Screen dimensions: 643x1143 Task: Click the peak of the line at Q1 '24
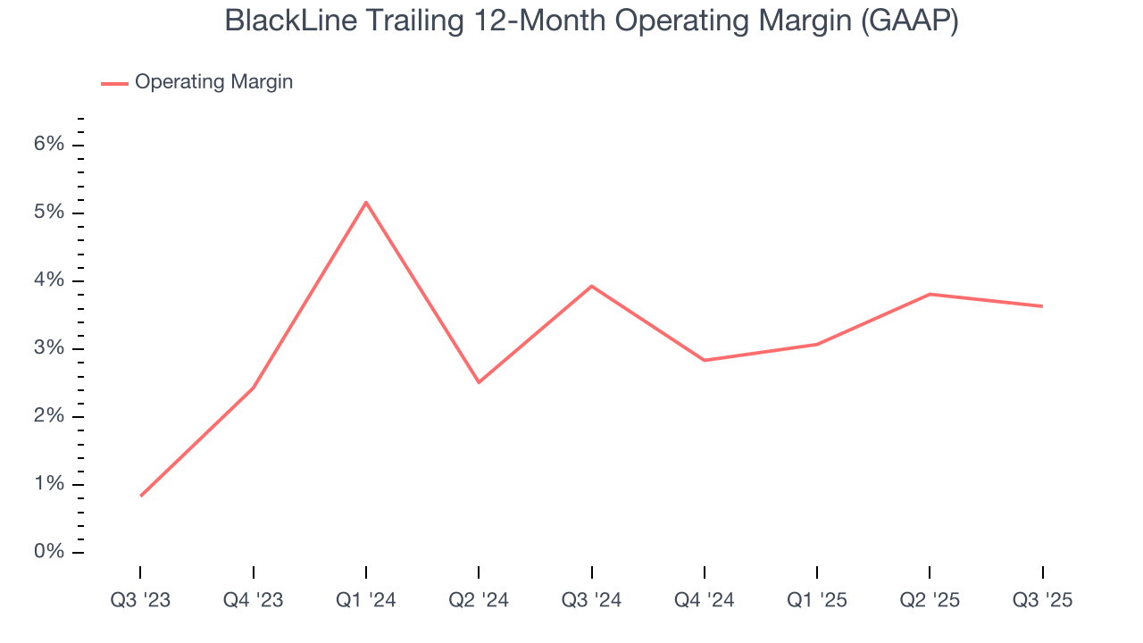pyautogui.click(x=366, y=202)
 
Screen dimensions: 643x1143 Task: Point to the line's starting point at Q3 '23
pyautogui.click(x=141, y=496)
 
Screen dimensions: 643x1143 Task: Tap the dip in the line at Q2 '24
pyautogui.click(x=479, y=382)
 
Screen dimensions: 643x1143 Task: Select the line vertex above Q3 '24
pyautogui.click(x=592, y=286)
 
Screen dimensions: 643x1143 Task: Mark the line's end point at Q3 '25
pyautogui.click(x=1042, y=306)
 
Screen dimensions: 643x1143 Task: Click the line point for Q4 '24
pyautogui.click(x=705, y=360)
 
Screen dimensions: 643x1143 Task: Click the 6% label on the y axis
pyautogui.click(x=51, y=145)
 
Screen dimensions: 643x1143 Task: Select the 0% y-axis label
pyautogui.click(x=51, y=552)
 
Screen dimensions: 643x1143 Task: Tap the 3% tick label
pyautogui.click(x=51, y=348)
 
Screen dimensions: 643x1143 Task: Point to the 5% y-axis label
pyautogui.click(x=51, y=213)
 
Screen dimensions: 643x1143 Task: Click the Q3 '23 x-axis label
pyautogui.click(x=140, y=600)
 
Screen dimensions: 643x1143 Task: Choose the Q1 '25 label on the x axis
pyautogui.click(x=816, y=600)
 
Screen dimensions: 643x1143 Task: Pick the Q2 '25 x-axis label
pyautogui.click(x=930, y=600)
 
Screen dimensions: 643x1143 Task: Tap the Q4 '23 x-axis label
pyautogui.click(x=253, y=600)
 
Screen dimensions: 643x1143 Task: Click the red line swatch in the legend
pyautogui.click(x=114, y=83)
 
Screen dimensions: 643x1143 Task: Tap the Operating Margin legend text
pyautogui.click(x=213, y=82)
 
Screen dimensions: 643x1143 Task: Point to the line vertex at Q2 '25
pyautogui.click(x=930, y=294)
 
